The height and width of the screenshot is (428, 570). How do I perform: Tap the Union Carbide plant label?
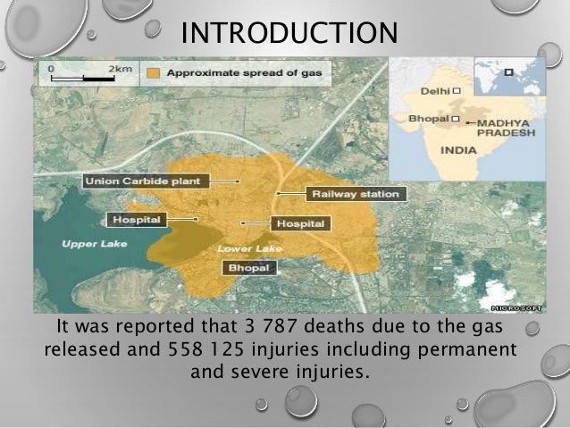coord(146,181)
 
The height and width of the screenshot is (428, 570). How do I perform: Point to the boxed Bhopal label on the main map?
coord(250,267)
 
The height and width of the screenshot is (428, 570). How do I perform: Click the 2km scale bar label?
coord(118,68)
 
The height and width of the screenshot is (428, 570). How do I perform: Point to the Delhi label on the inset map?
coord(437,90)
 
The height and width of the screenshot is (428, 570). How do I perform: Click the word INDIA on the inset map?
coord(457,150)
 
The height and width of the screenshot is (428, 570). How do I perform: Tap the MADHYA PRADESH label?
coord(506,126)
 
